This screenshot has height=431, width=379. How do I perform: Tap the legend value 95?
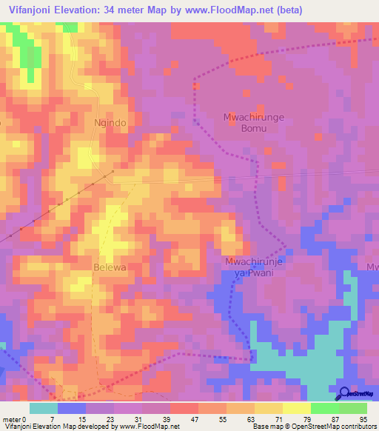coord(364,418)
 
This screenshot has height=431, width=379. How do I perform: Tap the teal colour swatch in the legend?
coord(44,408)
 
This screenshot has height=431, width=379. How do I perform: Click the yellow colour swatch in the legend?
coord(268,408)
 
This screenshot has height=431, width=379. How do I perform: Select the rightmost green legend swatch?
coord(352,408)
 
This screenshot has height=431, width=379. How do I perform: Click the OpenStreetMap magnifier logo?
coord(343,393)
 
